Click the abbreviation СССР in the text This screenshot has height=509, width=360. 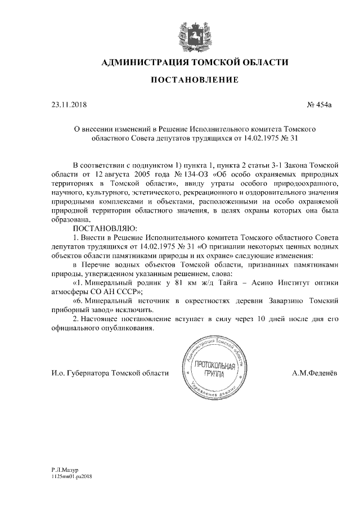pyautogui.click(x=130, y=291)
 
